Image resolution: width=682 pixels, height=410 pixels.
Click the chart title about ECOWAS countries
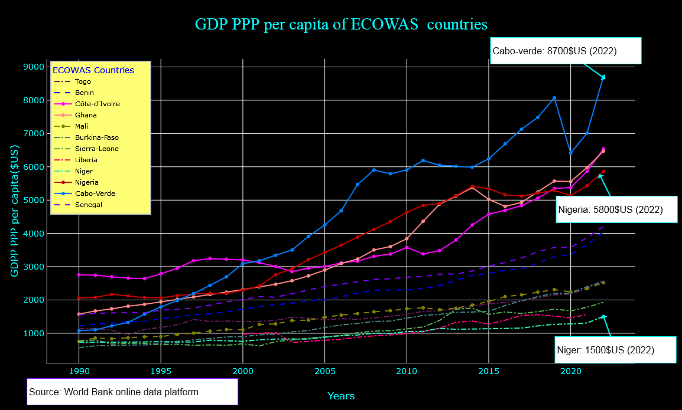(341, 25)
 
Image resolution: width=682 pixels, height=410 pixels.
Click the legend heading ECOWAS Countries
(93, 70)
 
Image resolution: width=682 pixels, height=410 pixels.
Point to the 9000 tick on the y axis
(34, 67)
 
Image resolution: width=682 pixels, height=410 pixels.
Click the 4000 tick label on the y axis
(34, 234)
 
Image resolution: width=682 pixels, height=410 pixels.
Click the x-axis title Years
(341, 396)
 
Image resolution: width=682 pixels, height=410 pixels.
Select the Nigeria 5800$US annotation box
(616, 209)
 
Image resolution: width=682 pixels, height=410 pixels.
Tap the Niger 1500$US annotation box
(616, 350)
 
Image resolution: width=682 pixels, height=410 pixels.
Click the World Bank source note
(132, 392)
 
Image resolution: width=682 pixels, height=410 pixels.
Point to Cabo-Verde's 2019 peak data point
(554, 99)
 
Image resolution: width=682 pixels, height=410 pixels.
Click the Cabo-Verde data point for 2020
(570, 153)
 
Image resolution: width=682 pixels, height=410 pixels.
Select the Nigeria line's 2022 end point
(603, 172)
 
